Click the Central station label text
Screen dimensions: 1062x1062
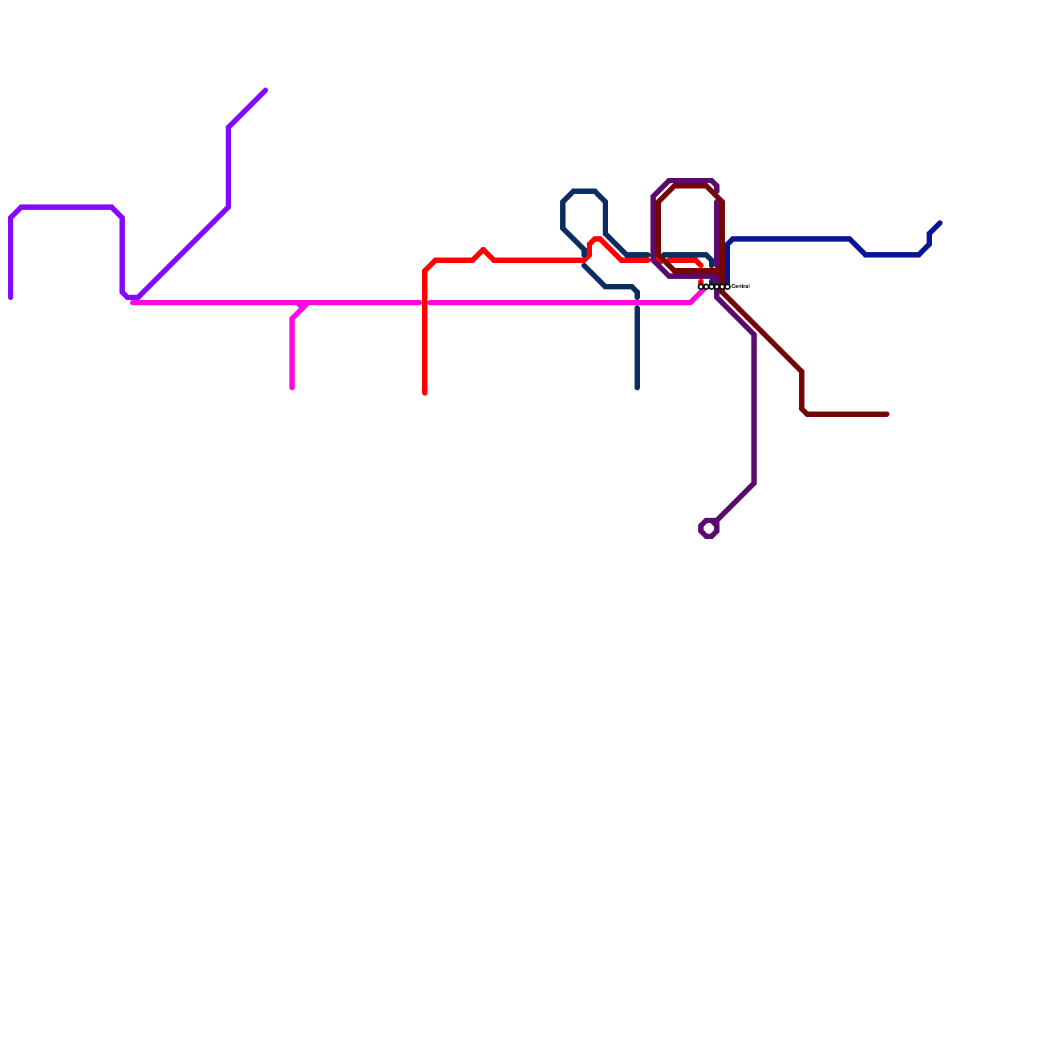(x=740, y=286)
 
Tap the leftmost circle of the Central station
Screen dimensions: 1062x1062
(x=701, y=287)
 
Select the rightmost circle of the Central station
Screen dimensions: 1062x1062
(x=727, y=287)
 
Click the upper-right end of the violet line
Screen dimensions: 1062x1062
(x=265, y=90)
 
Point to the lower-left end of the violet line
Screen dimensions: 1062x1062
(x=11, y=297)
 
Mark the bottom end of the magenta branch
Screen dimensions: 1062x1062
(x=292, y=388)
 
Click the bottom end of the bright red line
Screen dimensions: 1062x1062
(x=425, y=393)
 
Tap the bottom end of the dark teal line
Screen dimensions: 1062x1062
(x=637, y=388)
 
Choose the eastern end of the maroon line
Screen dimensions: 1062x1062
(x=887, y=414)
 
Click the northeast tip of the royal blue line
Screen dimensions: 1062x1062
(x=940, y=223)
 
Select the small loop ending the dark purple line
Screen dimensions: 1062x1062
(x=709, y=528)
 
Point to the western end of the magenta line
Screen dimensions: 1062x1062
(x=133, y=303)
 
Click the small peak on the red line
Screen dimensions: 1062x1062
(x=483, y=250)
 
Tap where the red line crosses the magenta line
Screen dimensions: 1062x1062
(x=425, y=303)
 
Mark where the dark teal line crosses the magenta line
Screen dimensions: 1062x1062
(x=637, y=303)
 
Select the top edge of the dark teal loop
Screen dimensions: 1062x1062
(x=584, y=191)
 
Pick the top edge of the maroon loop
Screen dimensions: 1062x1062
(x=690, y=187)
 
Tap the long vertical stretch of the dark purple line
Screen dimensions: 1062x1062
(x=754, y=409)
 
